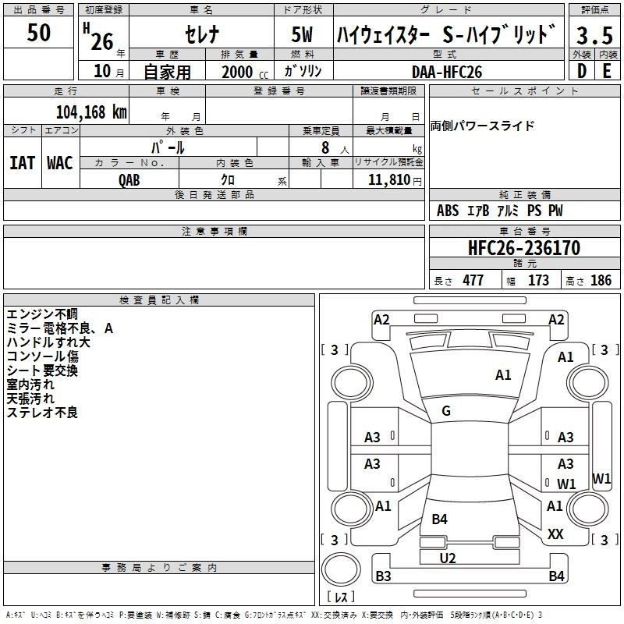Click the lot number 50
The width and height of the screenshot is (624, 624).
pos(39,33)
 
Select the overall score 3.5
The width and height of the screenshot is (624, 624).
pos(594,35)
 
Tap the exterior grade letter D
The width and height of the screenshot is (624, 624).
pos(581,72)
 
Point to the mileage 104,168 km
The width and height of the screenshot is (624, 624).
pos(91,112)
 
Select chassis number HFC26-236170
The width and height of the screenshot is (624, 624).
pos(524,248)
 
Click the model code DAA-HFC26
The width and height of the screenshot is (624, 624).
pos(447,72)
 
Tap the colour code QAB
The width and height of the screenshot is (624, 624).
pos(129,179)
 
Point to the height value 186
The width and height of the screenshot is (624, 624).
pos(601,281)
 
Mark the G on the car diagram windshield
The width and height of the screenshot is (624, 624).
pos(446,411)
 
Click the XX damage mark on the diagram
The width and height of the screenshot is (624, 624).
pos(555,534)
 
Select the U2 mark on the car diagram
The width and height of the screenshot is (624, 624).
pos(447,558)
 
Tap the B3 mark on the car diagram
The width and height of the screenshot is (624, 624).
pos(383,576)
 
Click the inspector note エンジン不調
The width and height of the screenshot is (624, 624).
pos(42,314)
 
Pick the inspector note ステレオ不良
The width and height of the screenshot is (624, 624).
pos(42,413)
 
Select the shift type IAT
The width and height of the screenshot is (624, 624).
pos(22,163)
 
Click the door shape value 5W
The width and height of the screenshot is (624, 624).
pos(303,35)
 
